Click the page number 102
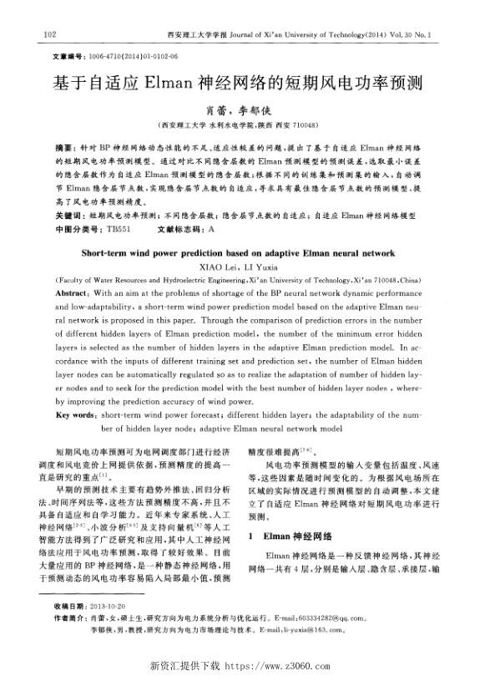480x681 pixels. point(48,34)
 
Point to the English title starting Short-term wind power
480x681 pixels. point(240,251)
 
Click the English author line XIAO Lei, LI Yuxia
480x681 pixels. point(240,265)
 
